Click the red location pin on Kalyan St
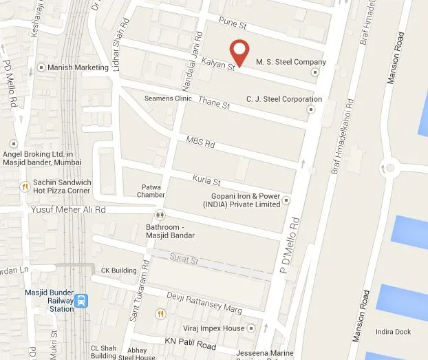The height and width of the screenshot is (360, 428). (x=239, y=51)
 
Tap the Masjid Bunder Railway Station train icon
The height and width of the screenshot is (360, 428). (x=82, y=301)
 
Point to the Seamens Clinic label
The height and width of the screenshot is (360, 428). (x=168, y=98)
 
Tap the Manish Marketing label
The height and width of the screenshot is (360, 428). (x=78, y=67)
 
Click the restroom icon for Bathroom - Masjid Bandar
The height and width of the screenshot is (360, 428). (x=160, y=215)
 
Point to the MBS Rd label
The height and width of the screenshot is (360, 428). (x=201, y=143)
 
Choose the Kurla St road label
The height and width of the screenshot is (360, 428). (x=206, y=181)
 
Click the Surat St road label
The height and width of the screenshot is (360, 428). (x=184, y=260)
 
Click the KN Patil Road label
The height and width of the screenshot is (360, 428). (x=191, y=341)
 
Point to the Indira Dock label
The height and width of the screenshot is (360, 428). (x=393, y=332)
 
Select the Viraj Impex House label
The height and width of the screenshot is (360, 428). (x=213, y=328)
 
